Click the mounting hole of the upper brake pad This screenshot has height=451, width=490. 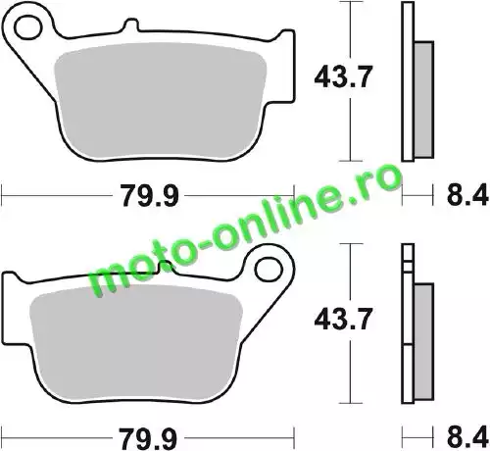click(x=28, y=26)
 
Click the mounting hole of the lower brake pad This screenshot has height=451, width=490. click(x=269, y=270)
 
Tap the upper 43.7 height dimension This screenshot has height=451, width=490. click(x=343, y=77)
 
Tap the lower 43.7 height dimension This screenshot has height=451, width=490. click(x=343, y=319)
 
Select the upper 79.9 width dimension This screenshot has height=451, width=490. click(x=150, y=195)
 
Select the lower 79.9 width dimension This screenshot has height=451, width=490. click(x=148, y=438)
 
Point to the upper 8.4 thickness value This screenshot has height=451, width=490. click(x=467, y=195)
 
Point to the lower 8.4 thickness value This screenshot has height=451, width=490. click(x=467, y=438)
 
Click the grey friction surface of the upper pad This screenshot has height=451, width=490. click(x=160, y=100)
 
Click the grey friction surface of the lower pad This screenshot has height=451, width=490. click(x=136, y=341)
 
